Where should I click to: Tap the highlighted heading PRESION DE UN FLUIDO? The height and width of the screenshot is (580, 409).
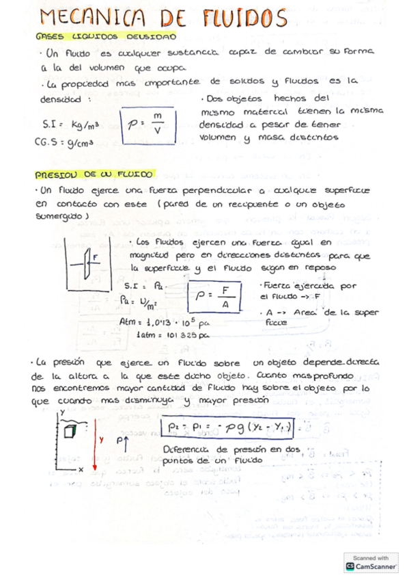point(95,174)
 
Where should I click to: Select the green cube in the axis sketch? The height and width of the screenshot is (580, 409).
point(68,431)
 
